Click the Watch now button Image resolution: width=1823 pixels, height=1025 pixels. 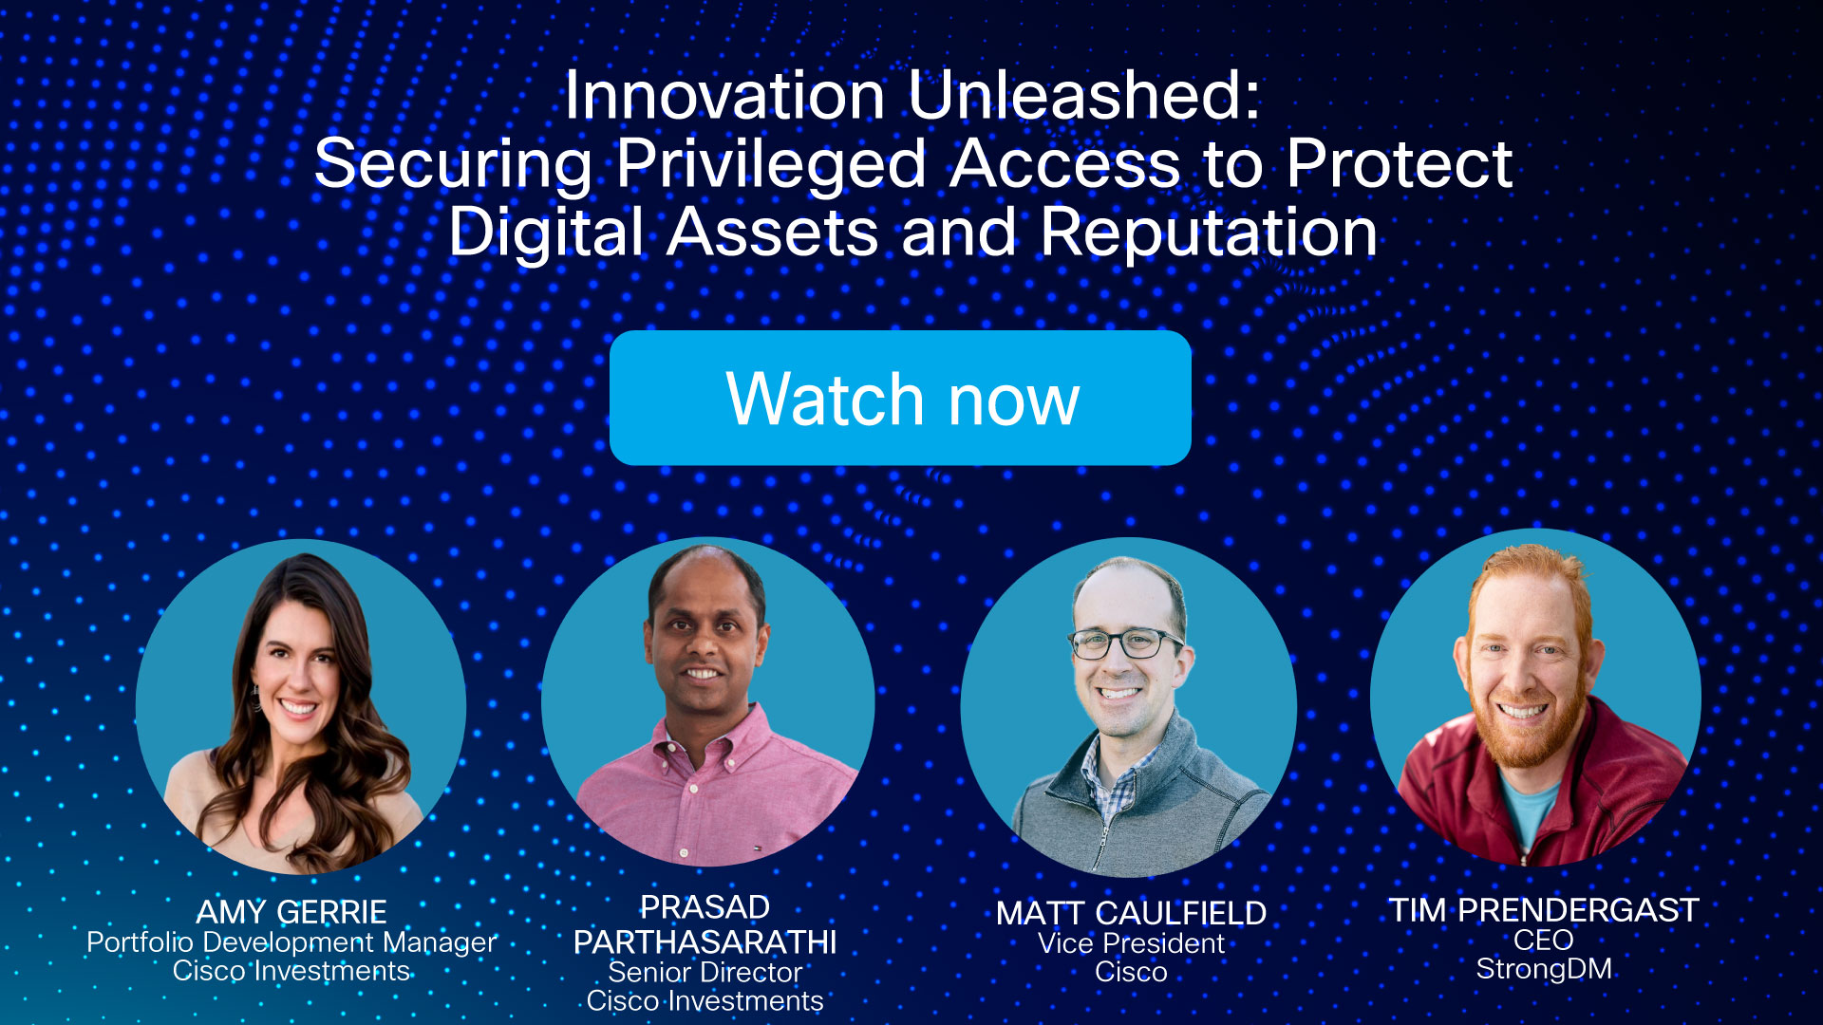pyautogui.click(x=900, y=399)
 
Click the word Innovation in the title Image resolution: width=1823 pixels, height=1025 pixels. pyautogui.click(x=724, y=97)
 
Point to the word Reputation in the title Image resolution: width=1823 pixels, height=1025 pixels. pyautogui.click(x=1208, y=233)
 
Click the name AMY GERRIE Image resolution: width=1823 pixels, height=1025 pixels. pyautogui.click(x=291, y=912)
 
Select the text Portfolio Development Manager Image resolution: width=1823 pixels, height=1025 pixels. pyautogui.click(x=291, y=942)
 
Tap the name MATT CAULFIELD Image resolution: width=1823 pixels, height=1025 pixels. pyautogui.click(x=1131, y=913)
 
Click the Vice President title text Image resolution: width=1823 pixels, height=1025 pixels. pyautogui.click(x=1131, y=943)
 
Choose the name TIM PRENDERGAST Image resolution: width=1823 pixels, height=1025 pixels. pyautogui.click(x=1544, y=910)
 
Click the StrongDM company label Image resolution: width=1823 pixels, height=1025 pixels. pyautogui.click(x=1544, y=969)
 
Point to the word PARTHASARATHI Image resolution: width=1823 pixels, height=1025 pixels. pyautogui.click(x=705, y=942)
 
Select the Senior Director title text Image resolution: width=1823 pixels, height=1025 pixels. pyautogui.click(x=705, y=973)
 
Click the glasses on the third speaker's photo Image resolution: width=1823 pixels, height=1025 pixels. pyautogui.click(x=1126, y=643)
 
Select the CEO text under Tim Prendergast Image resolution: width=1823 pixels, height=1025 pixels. pyautogui.click(x=1544, y=941)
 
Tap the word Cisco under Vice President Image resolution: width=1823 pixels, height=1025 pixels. pyautogui.click(x=1131, y=973)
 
